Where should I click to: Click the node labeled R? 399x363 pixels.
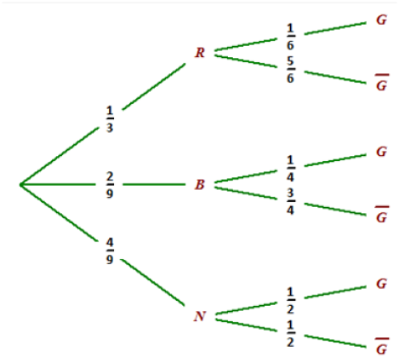click(200, 53)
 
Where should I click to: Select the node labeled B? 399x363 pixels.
click(200, 184)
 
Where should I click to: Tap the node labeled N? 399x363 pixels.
click(200, 316)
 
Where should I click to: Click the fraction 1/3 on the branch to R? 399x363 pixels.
click(110, 119)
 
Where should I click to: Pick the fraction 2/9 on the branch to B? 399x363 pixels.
click(110, 185)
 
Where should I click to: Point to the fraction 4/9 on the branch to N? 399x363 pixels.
click(110, 251)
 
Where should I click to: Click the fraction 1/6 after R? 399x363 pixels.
click(290, 37)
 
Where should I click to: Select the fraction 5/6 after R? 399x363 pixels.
click(290, 70)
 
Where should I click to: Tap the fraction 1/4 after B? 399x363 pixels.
click(290, 169)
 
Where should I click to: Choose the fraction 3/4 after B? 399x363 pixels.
click(290, 201)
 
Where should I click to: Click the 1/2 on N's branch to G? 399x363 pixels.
click(290, 301)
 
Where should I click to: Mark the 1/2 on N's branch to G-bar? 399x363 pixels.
click(290, 333)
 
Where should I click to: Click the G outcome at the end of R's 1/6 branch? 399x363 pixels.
click(381, 20)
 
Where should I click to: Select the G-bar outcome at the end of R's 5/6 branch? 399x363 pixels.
click(382, 83)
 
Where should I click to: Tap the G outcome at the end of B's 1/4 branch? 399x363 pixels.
click(381, 152)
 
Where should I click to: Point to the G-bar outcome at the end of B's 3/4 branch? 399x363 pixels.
click(382, 214)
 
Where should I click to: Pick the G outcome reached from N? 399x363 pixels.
click(381, 283)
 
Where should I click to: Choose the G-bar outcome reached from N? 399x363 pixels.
click(382, 346)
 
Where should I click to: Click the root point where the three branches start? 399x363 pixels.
click(20, 185)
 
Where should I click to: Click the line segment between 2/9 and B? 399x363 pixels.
click(154, 185)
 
